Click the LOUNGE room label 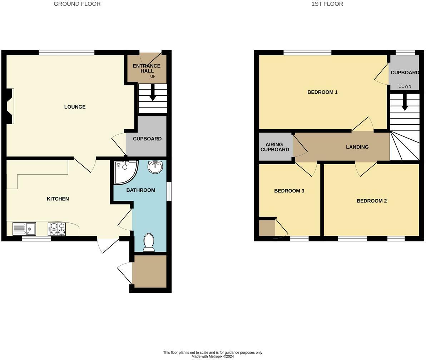tap(75, 107)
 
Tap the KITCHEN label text tap(58, 199)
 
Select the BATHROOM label tap(141, 190)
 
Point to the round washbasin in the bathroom tap(155, 167)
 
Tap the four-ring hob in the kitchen tap(57, 229)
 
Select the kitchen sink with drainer tap(24, 229)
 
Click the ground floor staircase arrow tap(153, 92)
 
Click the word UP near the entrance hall tap(153, 76)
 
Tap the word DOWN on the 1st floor tap(405, 86)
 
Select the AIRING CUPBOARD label tap(275, 147)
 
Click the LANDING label tap(357, 147)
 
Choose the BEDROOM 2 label tap(372, 201)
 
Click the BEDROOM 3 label tap(289, 191)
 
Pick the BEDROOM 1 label tap(322, 92)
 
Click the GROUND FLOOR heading tap(77, 4)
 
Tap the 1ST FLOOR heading tap(327, 4)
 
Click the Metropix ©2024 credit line tap(213, 356)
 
